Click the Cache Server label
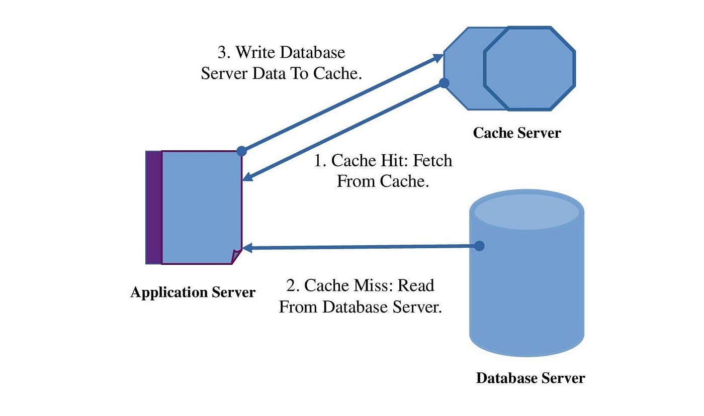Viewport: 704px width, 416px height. tap(517, 133)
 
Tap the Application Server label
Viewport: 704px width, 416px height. tap(193, 292)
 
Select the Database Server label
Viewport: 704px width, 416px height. tap(530, 378)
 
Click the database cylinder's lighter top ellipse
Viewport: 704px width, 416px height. tap(527, 212)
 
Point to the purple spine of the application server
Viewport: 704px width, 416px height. tap(154, 207)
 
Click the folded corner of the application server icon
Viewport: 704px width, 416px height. tap(236, 256)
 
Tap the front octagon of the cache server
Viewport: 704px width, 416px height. tap(530, 68)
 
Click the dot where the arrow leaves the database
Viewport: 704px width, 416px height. tap(479, 246)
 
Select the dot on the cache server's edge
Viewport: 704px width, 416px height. tap(444, 83)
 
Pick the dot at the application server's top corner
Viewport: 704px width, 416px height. tap(241, 151)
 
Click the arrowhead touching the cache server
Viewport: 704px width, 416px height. tap(438, 57)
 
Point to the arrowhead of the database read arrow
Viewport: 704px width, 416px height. tap(248, 248)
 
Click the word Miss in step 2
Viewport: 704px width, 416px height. tap(374, 285)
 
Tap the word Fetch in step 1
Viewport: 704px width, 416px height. tap(432, 160)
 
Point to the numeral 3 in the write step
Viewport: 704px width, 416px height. tap(222, 52)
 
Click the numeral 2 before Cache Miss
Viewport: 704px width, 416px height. tap(291, 285)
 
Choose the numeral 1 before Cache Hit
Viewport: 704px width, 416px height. tap(318, 160)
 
